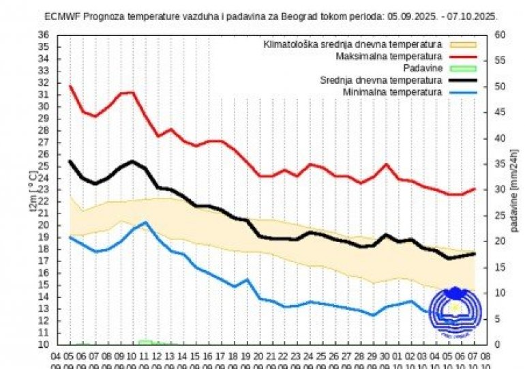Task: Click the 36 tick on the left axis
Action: click(x=43, y=35)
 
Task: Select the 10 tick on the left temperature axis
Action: click(x=43, y=344)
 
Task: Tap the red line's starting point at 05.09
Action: click(x=70, y=86)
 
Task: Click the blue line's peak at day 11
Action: click(x=145, y=222)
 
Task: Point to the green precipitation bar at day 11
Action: click(x=145, y=342)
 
